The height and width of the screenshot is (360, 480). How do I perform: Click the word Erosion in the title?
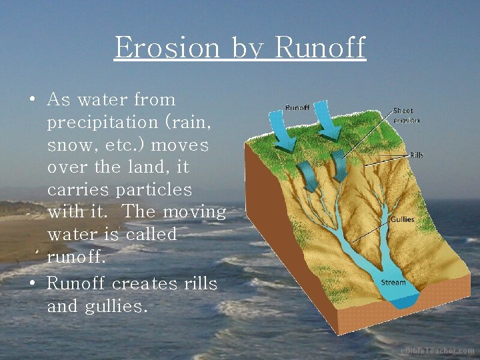[x=167, y=47]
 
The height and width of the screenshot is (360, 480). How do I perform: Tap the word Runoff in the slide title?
[x=320, y=47]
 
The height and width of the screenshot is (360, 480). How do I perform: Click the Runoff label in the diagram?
[x=297, y=108]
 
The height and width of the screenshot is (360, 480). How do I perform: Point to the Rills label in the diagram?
[x=417, y=155]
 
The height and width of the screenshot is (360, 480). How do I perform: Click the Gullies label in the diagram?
[x=402, y=219]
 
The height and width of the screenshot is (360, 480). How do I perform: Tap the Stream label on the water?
[x=393, y=283]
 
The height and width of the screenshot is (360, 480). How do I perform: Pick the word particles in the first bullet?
[x=153, y=190]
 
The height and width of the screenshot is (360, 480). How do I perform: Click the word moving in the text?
[x=195, y=212]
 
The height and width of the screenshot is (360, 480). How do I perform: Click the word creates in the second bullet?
[x=145, y=284]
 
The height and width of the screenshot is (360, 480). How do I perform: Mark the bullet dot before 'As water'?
[x=32, y=100]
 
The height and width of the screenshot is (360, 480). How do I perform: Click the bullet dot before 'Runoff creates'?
[x=32, y=284]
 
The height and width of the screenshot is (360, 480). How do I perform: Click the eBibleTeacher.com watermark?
[x=437, y=351]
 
